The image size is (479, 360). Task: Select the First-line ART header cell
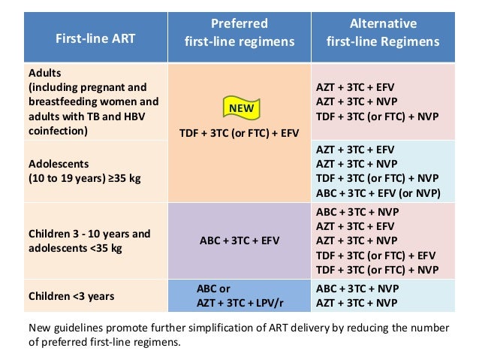coord(92,39)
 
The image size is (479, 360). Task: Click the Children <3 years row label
coord(71,295)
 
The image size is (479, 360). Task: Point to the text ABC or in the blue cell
coord(217,288)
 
